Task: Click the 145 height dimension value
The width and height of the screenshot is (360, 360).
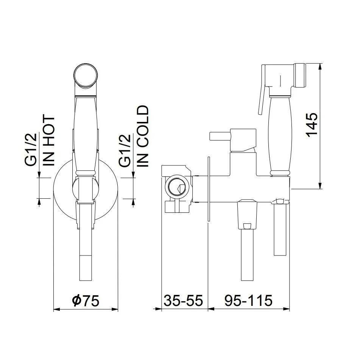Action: [x=312, y=125]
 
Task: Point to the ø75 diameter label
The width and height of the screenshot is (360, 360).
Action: [x=86, y=301]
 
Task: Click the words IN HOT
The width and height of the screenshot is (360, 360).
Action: [x=49, y=141]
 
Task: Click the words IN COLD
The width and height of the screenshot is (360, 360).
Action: [x=143, y=136]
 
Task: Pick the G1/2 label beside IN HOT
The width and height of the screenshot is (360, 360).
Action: [x=31, y=150]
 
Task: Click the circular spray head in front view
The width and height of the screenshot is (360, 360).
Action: [x=86, y=75]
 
